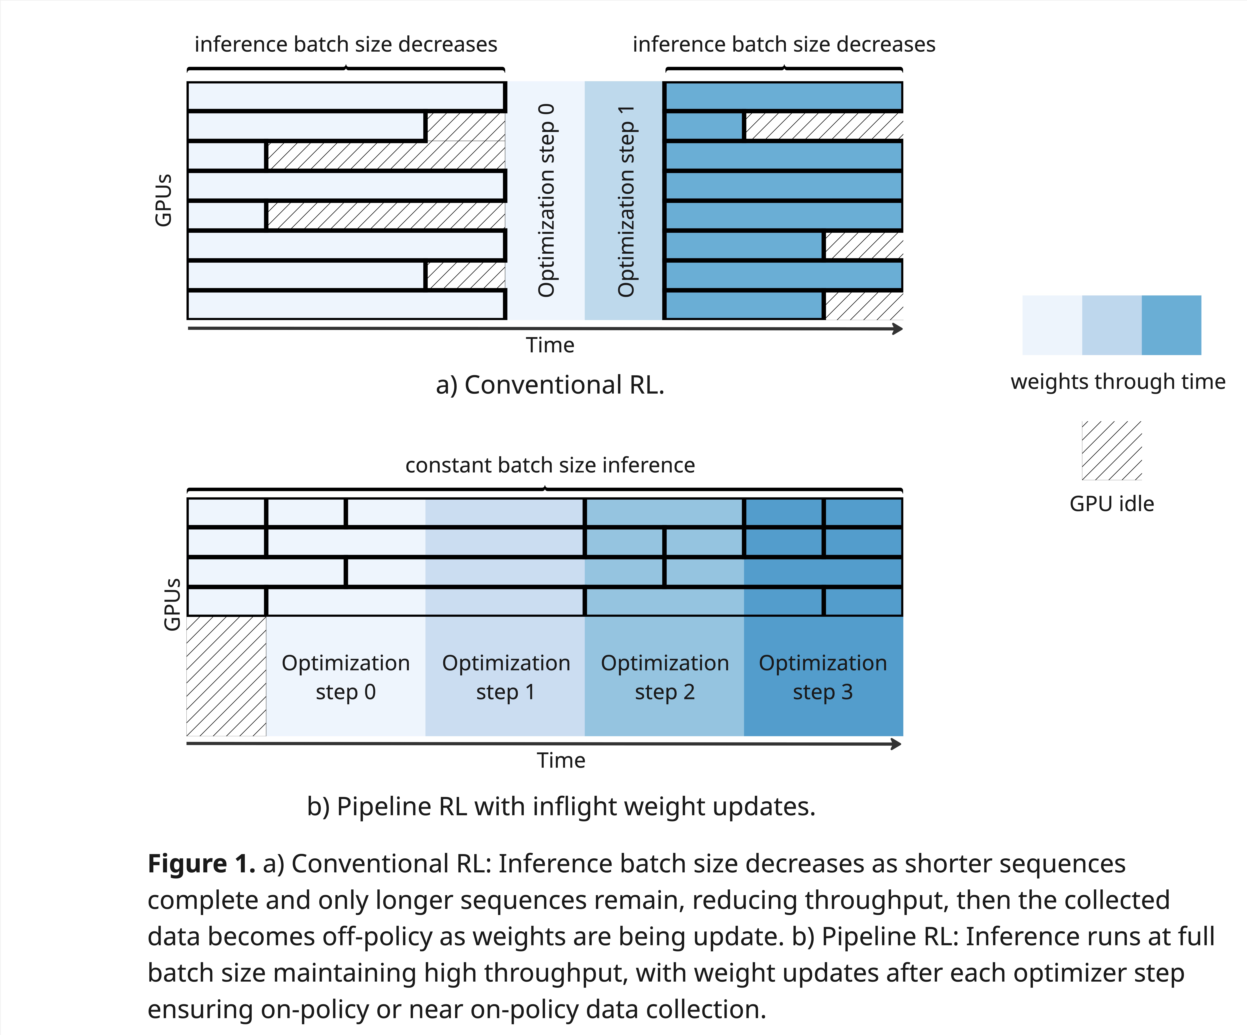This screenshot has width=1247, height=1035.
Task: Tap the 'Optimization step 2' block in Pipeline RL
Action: pos(664,677)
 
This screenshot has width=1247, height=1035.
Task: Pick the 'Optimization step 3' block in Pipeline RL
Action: pos(823,677)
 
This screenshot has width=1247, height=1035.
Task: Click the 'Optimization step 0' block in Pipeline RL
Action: pos(346,677)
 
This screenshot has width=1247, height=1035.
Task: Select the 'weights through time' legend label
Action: pos(1117,381)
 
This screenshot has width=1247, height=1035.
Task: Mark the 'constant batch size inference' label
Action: pos(550,465)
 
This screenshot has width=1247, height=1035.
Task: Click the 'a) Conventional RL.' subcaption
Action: pos(550,385)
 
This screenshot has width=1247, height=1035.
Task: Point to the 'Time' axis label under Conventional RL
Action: pos(550,345)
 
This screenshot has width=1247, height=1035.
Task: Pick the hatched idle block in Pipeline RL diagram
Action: pos(226,677)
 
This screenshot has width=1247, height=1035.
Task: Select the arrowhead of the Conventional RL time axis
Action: pos(898,328)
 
